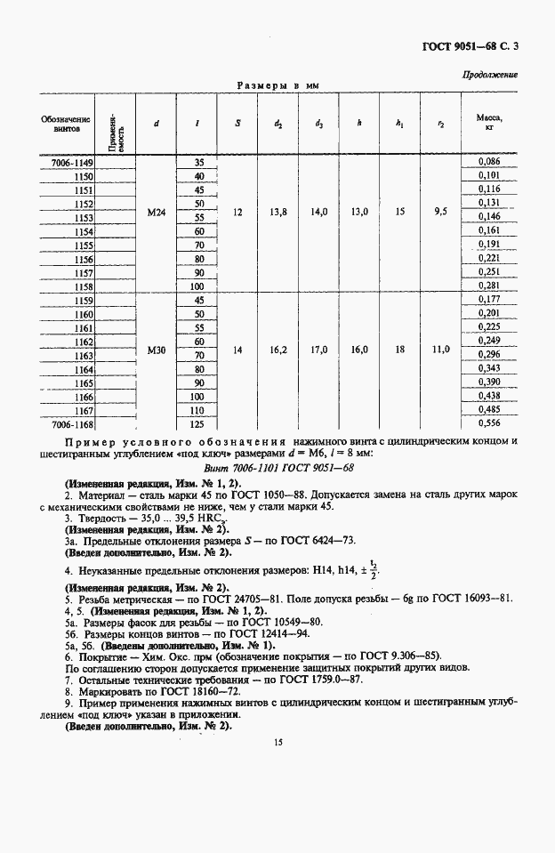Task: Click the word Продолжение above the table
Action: pos(489,75)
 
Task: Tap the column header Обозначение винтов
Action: pos(66,123)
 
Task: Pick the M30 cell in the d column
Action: pos(157,350)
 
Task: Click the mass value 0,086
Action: pos(489,161)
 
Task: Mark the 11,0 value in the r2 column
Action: pos(441,350)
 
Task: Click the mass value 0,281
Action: pos(489,286)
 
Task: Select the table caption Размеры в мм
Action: pos(277,86)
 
